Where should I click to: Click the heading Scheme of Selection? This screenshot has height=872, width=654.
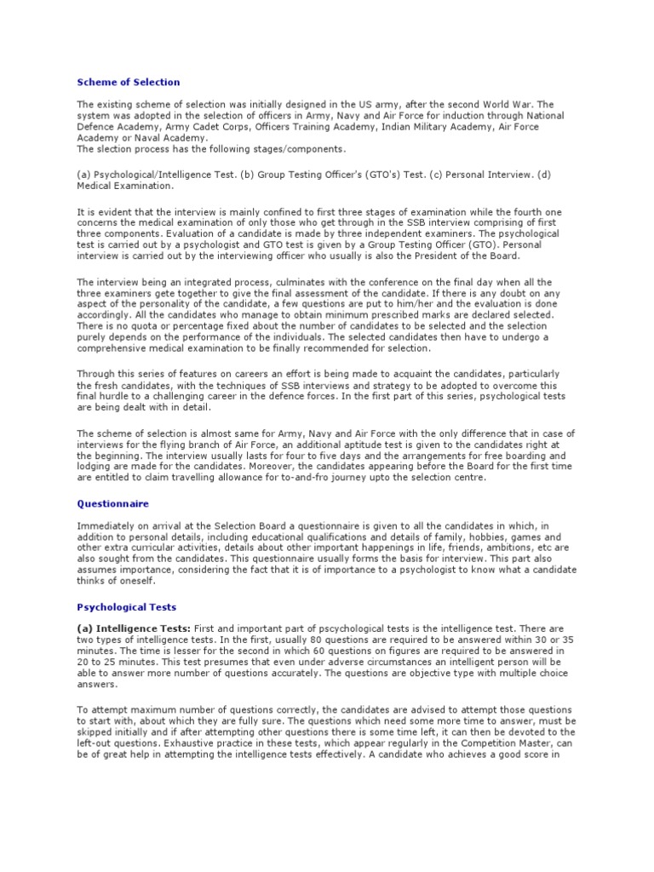pos(129,83)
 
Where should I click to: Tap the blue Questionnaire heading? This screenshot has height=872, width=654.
pos(113,503)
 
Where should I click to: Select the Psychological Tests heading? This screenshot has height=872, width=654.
pos(127,607)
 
